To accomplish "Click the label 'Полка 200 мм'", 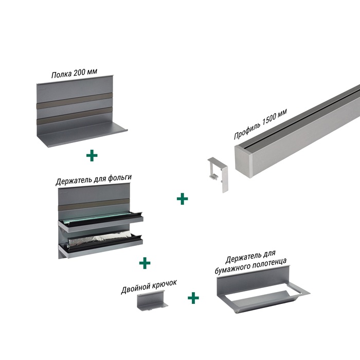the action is tap(74, 73).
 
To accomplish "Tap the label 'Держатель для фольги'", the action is tap(94, 179).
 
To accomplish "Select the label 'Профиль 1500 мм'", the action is tap(261, 124).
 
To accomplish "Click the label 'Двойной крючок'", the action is tap(149, 286).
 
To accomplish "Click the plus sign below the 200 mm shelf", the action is tap(92, 156).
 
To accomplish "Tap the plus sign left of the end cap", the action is tap(182, 199).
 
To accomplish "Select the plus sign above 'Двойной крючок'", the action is tap(145, 263).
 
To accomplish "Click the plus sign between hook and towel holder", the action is tap(193, 298).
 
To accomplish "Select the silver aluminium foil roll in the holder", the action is tap(101, 240).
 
